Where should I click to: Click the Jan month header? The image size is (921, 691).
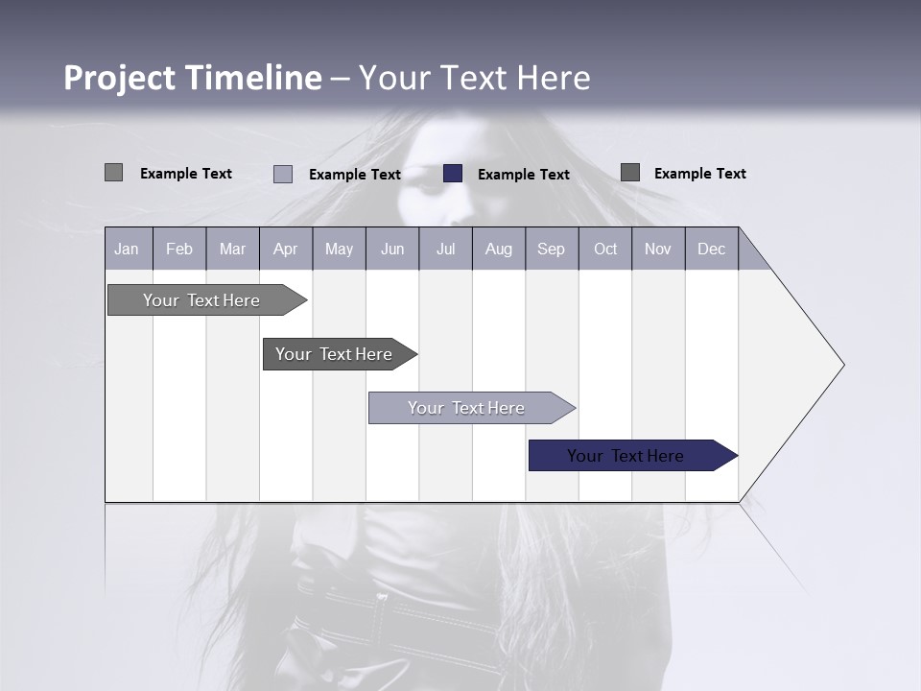[x=127, y=249]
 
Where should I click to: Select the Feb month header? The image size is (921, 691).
[x=179, y=249]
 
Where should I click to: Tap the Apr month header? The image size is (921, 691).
[x=286, y=249]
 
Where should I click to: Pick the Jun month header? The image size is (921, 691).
[x=392, y=249]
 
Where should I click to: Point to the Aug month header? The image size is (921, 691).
[x=499, y=249]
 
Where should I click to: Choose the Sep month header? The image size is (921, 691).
[x=552, y=249]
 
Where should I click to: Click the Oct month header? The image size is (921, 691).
[x=605, y=249]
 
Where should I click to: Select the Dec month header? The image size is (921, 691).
[x=712, y=249]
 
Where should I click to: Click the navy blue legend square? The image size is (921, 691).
[x=453, y=174]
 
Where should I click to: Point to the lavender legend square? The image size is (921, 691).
[x=283, y=174]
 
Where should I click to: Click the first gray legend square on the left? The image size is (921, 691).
[x=113, y=173]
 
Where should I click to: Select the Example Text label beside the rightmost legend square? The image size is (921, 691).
[x=699, y=174]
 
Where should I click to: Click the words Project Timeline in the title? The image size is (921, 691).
[x=192, y=78]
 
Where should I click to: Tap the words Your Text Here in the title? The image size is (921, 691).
[x=474, y=78]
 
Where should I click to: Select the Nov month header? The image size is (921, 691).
[x=658, y=249]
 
